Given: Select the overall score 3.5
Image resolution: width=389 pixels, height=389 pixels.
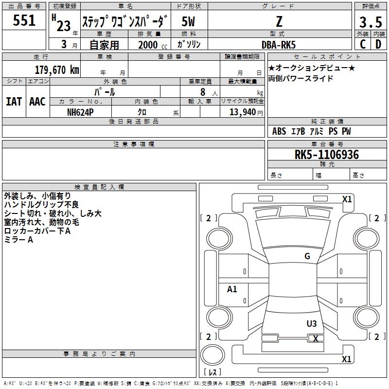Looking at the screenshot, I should (x=370, y=22).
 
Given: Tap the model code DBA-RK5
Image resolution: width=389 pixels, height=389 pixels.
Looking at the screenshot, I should (x=280, y=44).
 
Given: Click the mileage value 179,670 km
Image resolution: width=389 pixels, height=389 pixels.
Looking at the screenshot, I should (x=57, y=70).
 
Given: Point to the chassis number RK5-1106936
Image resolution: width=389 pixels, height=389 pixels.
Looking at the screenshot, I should (x=327, y=155).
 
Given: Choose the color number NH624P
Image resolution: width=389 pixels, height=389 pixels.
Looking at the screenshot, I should (x=80, y=112).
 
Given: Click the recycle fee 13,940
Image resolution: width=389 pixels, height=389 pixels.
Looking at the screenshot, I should (x=241, y=112).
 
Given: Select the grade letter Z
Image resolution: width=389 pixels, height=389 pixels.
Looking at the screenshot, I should (x=279, y=21).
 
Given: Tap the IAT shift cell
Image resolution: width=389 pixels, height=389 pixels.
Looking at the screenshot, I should (x=14, y=102).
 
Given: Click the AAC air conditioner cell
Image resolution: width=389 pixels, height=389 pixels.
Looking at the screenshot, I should (x=37, y=102).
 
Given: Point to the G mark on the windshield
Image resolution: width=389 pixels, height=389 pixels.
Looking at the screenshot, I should (x=307, y=256).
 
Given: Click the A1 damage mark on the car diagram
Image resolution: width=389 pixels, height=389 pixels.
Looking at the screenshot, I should (x=232, y=289).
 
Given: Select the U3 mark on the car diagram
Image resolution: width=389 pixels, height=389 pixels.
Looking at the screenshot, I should (x=312, y=323).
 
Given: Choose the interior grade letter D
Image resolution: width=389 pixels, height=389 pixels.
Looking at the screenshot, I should (x=378, y=44).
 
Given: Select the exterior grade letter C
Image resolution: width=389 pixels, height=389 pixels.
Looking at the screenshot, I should (x=363, y=44).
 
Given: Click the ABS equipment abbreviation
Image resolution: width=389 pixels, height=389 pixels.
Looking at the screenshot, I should (x=279, y=131).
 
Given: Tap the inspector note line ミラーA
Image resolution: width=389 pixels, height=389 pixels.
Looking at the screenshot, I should (x=18, y=240).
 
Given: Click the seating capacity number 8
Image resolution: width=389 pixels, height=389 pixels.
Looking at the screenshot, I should (x=202, y=91).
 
